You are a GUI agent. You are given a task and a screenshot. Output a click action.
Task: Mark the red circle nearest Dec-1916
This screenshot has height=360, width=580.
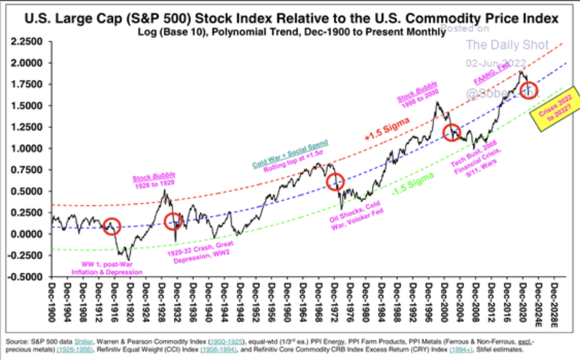click(112, 225)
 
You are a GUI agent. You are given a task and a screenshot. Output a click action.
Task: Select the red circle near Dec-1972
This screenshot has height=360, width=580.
click(336, 183)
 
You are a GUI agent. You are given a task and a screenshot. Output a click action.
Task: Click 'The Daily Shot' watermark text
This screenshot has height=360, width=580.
click(507, 45)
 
